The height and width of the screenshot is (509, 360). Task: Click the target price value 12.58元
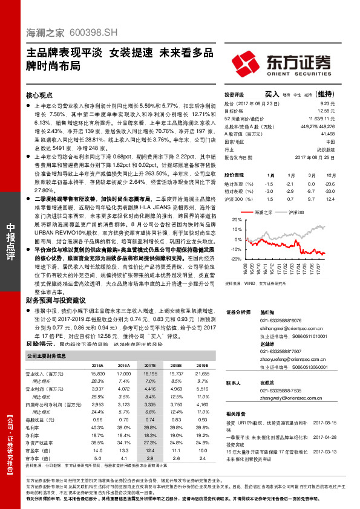pyautogui.click(x=326, y=111)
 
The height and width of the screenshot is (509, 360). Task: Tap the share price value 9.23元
pyautogui.click(x=327, y=104)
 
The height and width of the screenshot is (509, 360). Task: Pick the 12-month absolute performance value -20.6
pyautogui.click(x=329, y=183)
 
